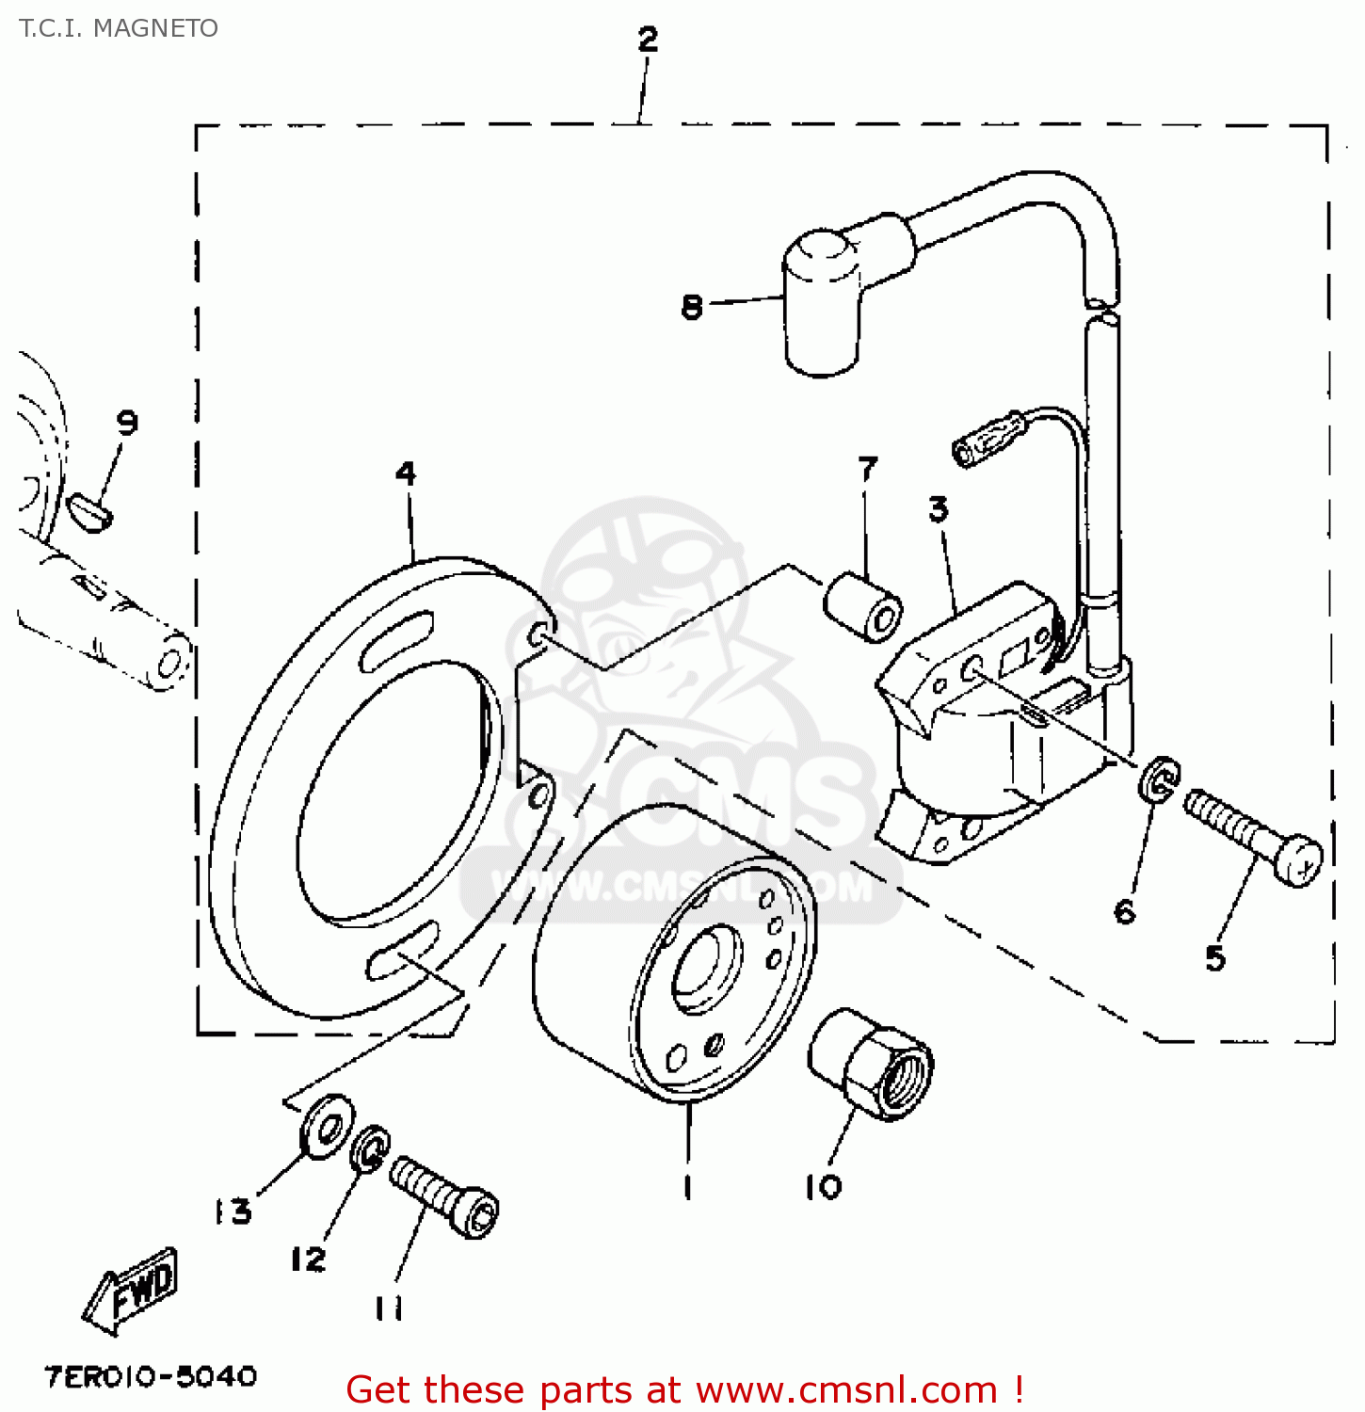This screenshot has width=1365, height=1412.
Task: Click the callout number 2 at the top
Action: coord(648,40)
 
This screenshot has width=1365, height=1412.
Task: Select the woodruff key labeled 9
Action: coord(90,513)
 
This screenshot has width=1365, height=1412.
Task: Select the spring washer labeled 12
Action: coord(370,1148)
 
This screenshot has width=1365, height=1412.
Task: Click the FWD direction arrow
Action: coord(134,1289)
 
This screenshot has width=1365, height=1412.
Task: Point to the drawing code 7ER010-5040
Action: coord(151,1377)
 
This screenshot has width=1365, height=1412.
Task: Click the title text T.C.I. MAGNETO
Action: coord(119,28)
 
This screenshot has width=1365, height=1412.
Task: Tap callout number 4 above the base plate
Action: coord(406,473)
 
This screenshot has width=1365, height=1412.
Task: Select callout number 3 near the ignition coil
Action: coord(939,509)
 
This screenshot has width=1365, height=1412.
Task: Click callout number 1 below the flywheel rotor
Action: coord(688,1187)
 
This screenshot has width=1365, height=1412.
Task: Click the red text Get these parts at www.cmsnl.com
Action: coord(684,1389)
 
